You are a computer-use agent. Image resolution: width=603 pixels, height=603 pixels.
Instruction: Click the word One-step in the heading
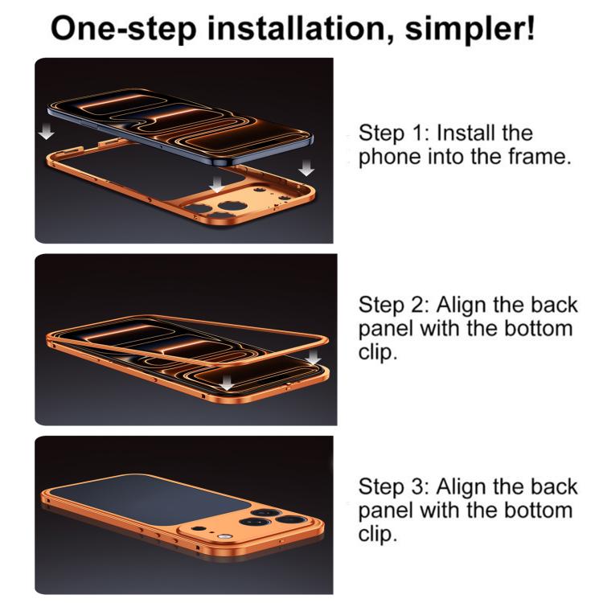coord(123,28)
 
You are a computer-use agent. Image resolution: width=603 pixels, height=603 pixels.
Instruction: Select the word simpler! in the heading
coord(470,30)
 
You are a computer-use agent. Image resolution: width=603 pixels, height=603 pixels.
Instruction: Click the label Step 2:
coord(393,306)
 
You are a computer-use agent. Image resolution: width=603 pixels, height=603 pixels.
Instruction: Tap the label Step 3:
coord(393,487)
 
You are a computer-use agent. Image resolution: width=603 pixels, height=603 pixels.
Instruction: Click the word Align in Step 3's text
coord(461,487)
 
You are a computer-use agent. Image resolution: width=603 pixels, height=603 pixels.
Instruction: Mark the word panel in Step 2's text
coord(386,330)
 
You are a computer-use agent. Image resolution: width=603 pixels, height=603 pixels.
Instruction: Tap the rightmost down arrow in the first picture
coord(306,168)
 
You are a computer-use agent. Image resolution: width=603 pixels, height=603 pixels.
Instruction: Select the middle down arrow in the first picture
coord(216,184)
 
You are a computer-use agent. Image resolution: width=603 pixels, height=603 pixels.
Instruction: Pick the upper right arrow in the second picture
coord(314,357)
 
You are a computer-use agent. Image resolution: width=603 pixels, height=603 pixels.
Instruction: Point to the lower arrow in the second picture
coord(227,382)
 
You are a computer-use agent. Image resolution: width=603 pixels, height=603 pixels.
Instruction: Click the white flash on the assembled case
coord(223,536)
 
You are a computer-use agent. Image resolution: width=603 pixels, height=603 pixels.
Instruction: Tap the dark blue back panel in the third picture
coord(150,498)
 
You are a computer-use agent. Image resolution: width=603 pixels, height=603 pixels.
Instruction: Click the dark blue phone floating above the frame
coord(181,127)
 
